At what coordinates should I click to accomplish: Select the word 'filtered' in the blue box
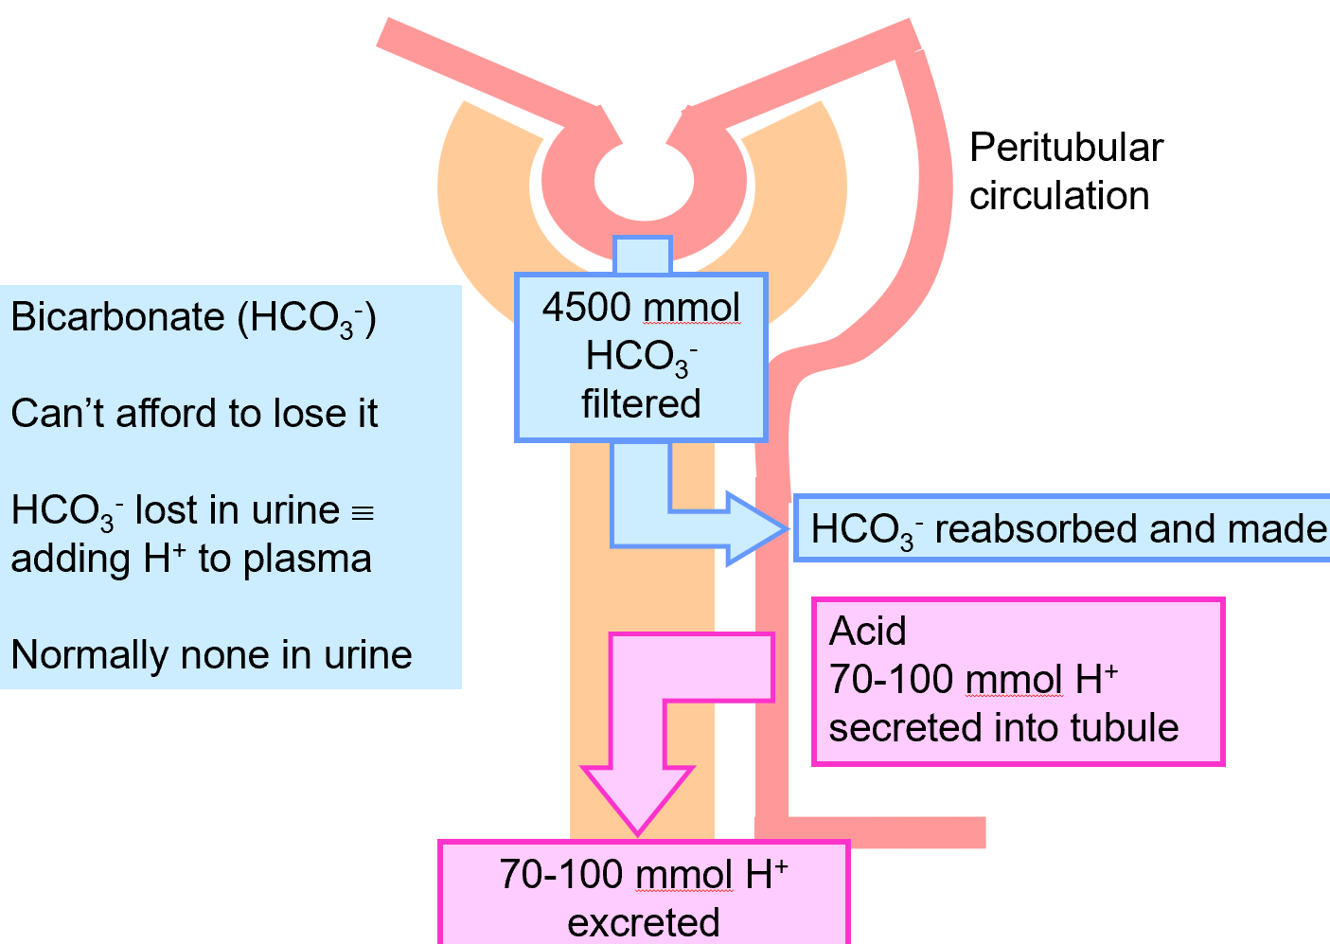[641, 404]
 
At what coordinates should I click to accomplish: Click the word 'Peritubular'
[1066, 148]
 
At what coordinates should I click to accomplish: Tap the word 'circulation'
[1059, 196]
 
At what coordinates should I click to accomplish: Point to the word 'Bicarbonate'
[118, 317]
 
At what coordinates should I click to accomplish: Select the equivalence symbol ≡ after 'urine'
[363, 513]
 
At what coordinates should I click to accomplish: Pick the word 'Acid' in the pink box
[867, 632]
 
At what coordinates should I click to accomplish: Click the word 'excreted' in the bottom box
[644, 922]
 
